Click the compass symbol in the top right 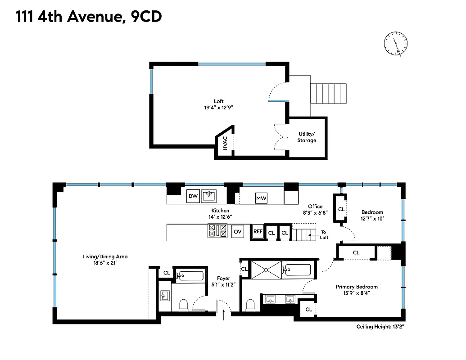(x=395, y=44)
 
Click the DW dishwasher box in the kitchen (x=193, y=196)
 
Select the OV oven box (x=238, y=232)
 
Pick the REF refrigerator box (x=258, y=232)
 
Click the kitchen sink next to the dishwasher (x=209, y=196)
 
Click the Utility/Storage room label (x=307, y=137)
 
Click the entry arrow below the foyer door (x=224, y=316)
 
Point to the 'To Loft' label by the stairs (x=324, y=234)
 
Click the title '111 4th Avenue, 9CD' (x=89, y=17)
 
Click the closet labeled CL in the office (x=341, y=209)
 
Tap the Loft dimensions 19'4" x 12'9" (x=218, y=108)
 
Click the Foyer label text (x=223, y=279)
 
